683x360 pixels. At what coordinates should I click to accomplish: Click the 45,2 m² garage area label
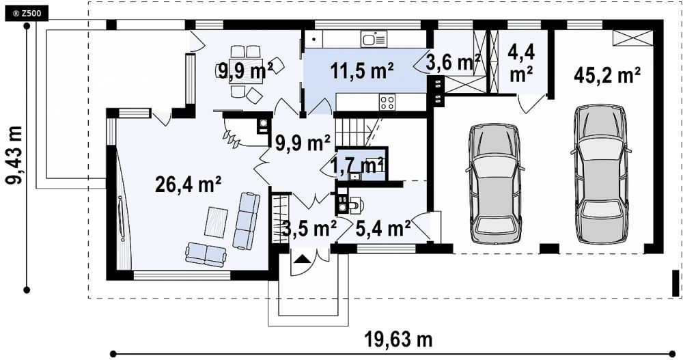[607, 76]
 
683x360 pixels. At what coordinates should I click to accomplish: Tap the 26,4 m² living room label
[189, 185]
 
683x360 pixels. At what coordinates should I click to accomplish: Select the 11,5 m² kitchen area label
[362, 71]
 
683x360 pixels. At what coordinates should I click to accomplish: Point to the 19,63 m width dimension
[398, 339]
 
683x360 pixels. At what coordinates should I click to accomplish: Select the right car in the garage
[602, 173]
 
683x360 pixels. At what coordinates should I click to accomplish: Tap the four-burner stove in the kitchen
[387, 102]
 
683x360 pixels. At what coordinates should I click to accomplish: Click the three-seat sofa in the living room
[246, 221]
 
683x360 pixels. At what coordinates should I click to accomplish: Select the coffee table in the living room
[217, 222]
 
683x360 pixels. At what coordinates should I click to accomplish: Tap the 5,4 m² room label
[383, 228]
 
